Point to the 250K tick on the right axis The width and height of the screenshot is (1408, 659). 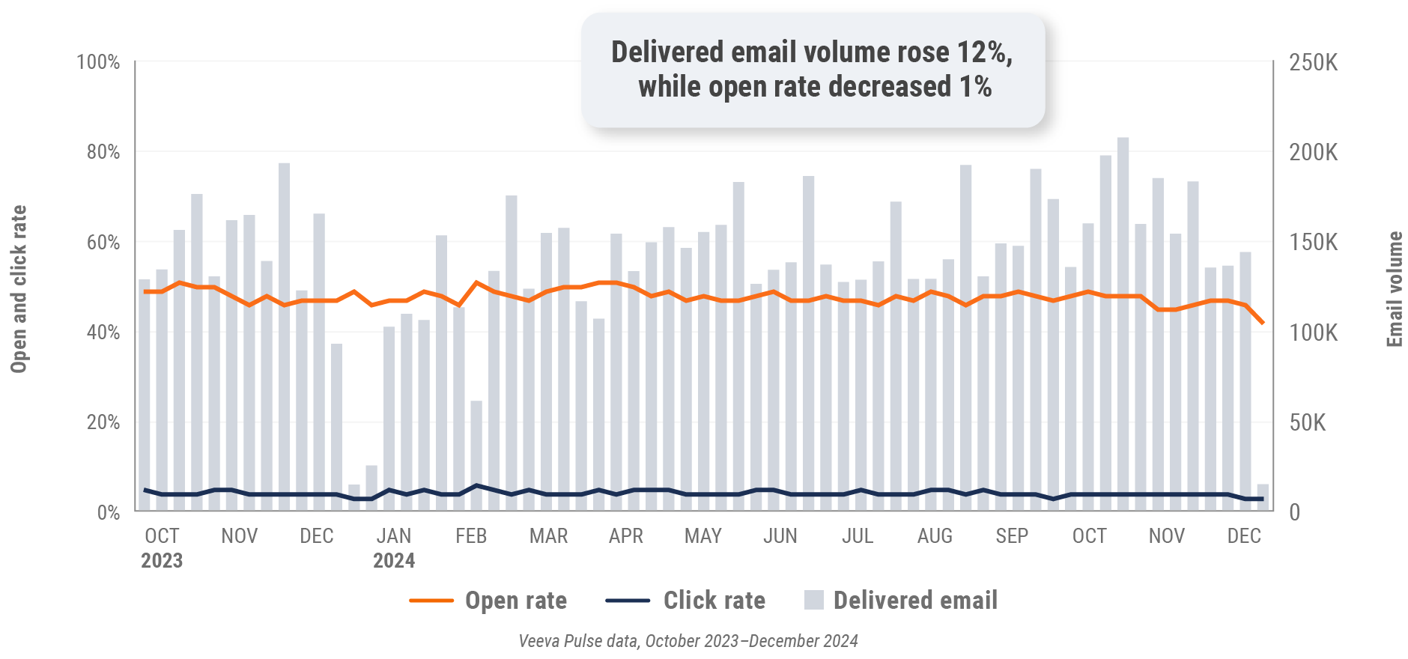click(x=1313, y=62)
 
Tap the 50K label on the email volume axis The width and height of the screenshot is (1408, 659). click(x=1307, y=422)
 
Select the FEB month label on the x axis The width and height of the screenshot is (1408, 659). click(x=471, y=536)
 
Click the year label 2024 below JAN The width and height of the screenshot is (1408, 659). click(x=394, y=561)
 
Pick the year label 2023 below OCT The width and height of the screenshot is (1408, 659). click(x=162, y=561)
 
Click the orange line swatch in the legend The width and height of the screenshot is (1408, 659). click(x=431, y=601)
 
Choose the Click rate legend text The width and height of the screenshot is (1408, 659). click(x=714, y=601)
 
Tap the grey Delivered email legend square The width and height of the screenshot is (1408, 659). click(x=813, y=600)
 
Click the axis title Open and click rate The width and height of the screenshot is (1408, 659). click(x=19, y=288)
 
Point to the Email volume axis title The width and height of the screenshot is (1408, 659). click(x=1394, y=289)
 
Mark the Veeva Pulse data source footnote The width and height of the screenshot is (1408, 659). click(x=688, y=641)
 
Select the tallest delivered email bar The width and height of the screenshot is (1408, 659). click(x=1123, y=324)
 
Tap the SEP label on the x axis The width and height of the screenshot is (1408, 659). click(x=1012, y=536)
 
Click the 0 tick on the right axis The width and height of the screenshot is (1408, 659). click(x=1294, y=513)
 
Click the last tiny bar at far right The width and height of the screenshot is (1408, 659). click(x=1263, y=498)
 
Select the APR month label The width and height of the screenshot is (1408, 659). click(x=625, y=536)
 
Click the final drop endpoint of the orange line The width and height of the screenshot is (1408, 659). click(x=1263, y=324)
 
